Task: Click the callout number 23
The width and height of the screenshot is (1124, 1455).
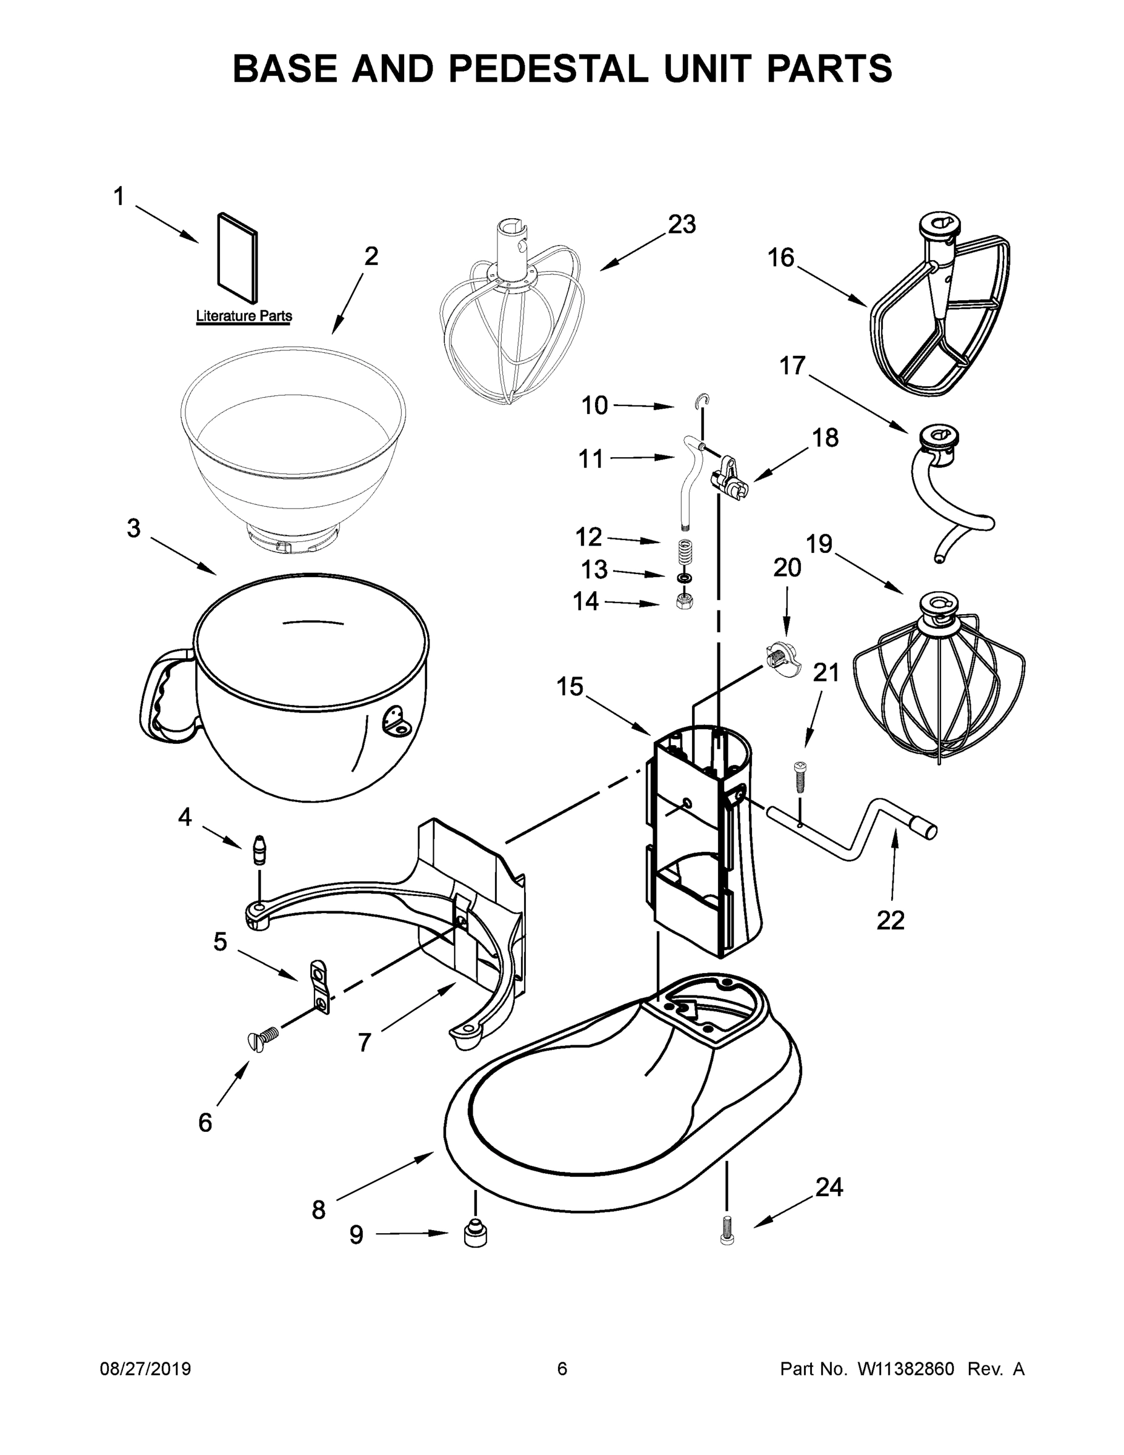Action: tap(682, 224)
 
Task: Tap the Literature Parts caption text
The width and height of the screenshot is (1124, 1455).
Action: tap(244, 316)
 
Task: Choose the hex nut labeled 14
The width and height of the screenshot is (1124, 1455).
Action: tap(685, 601)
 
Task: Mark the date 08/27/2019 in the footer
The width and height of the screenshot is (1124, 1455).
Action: tap(145, 1369)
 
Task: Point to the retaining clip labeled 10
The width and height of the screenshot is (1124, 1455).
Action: tap(702, 400)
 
